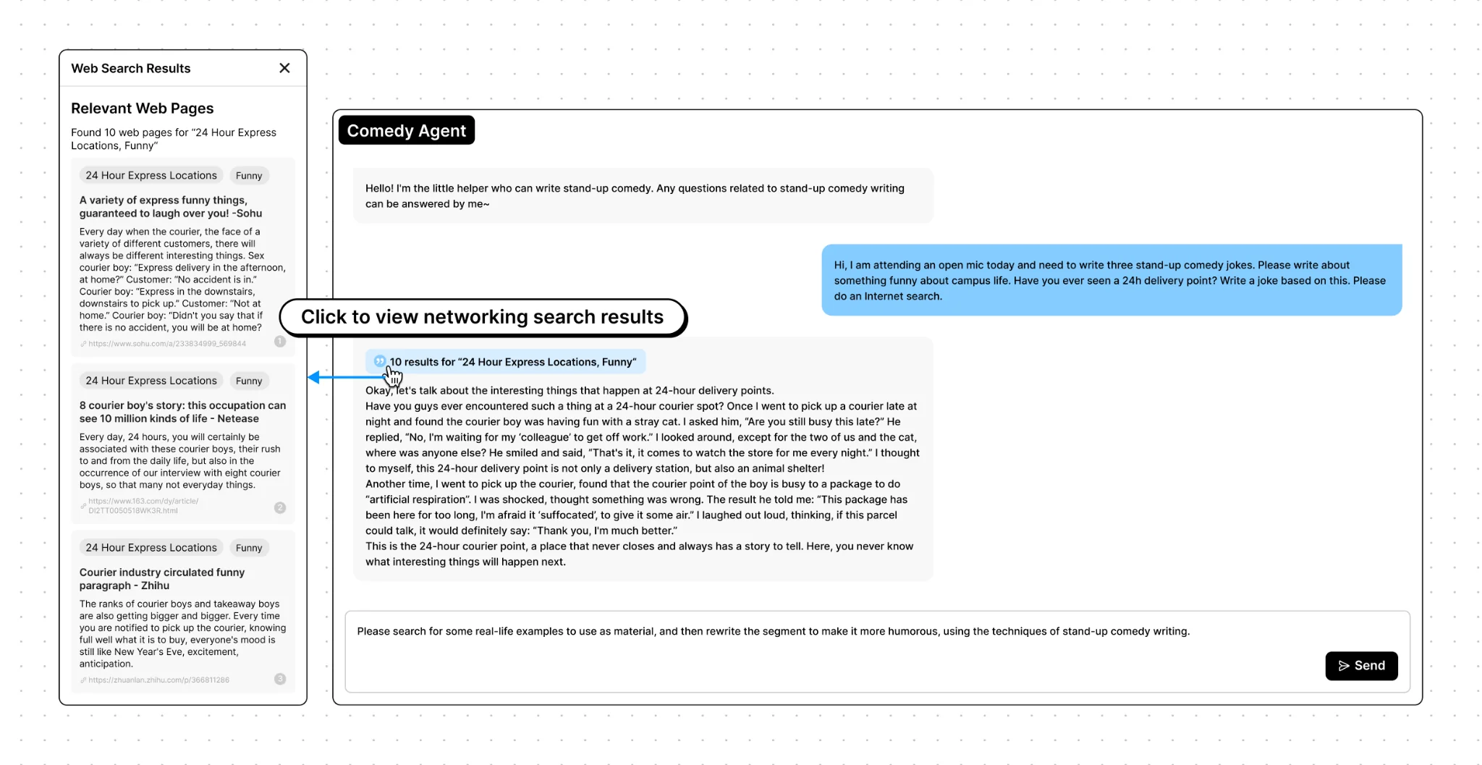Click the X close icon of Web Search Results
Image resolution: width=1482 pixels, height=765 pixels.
(x=284, y=68)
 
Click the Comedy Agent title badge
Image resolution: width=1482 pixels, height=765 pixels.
(x=406, y=130)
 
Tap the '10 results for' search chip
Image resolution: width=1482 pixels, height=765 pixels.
(x=506, y=362)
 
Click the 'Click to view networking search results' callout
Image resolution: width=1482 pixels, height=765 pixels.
(x=482, y=317)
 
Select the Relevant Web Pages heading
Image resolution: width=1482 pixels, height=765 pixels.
(x=143, y=109)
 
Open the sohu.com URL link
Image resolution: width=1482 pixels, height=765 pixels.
(x=167, y=344)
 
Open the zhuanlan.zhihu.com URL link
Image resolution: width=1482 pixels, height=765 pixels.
(x=158, y=680)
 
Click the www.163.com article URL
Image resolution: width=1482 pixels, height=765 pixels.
(x=143, y=506)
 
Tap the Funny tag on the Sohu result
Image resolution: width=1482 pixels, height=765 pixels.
(x=249, y=176)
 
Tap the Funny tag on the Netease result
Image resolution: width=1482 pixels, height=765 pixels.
(x=249, y=381)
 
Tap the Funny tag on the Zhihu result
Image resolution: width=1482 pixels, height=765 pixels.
(x=249, y=548)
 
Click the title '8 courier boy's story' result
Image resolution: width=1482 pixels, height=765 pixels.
(x=182, y=412)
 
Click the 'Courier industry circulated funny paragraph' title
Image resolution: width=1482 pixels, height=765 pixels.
(x=162, y=579)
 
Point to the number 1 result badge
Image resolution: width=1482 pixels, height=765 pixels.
(x=280, y=342)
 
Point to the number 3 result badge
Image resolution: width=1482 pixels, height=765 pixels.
(x=280, y=679)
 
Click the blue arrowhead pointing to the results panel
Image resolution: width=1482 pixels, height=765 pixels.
(x=314, y=377)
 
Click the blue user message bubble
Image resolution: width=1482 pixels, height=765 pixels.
(x=1111, y=280)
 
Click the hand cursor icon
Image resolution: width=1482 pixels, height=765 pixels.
(x=393, y=376)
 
